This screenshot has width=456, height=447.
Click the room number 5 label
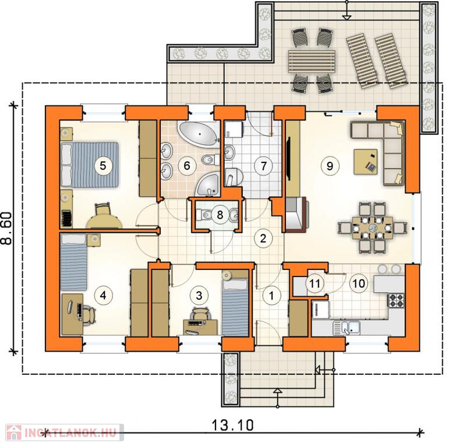102,166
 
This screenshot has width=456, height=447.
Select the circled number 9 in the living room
330,166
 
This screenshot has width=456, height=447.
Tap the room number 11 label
314,283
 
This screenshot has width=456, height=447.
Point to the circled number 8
220,215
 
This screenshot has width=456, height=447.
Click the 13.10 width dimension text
232,425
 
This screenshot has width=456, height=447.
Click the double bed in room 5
90,165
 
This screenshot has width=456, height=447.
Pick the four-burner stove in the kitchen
396,300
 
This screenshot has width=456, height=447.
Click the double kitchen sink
347,328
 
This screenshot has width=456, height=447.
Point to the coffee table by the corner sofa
365,162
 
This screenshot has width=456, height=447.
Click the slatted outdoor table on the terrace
311,61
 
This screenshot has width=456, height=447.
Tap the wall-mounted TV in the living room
288,159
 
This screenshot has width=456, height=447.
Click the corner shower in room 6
207,185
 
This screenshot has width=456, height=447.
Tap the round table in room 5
104,222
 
